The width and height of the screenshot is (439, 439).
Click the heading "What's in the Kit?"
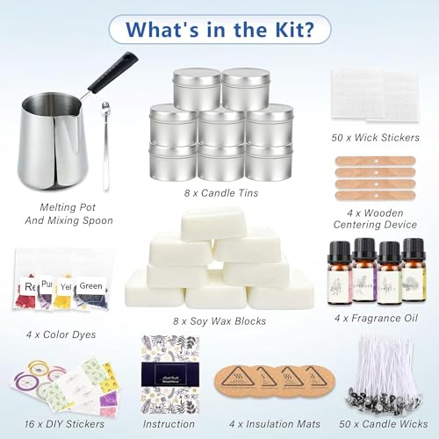(219, 27)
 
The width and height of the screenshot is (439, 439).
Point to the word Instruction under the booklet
(170, 422)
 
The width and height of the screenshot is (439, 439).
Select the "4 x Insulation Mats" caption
(272, 422)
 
